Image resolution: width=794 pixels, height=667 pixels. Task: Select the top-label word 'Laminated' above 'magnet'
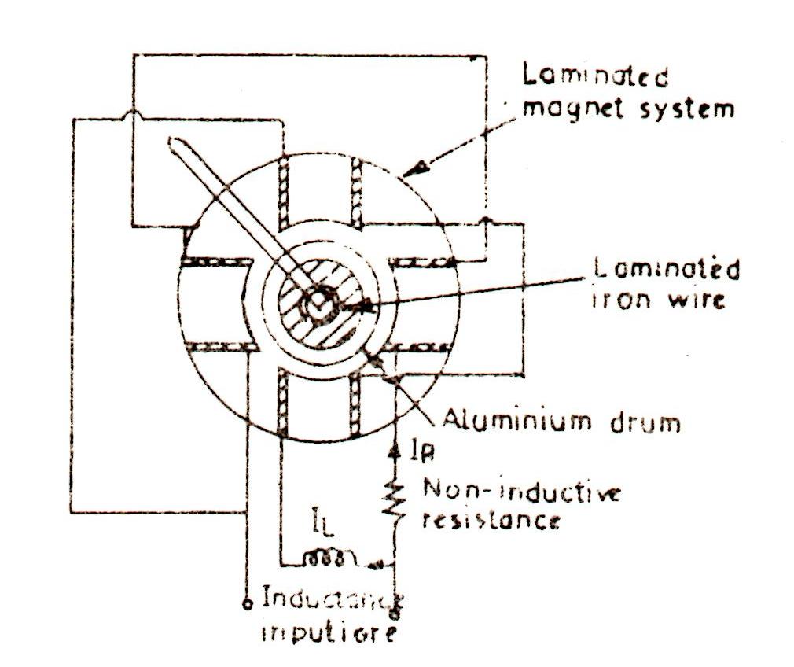596,77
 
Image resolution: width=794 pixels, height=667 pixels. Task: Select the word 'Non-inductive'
522,493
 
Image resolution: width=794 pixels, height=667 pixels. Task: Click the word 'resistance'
491,520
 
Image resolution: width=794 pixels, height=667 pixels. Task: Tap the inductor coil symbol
325,559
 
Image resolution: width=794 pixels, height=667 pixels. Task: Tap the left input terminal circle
247,605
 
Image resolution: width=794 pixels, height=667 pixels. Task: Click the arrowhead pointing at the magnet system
423,165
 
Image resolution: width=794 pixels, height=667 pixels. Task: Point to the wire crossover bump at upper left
133,115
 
